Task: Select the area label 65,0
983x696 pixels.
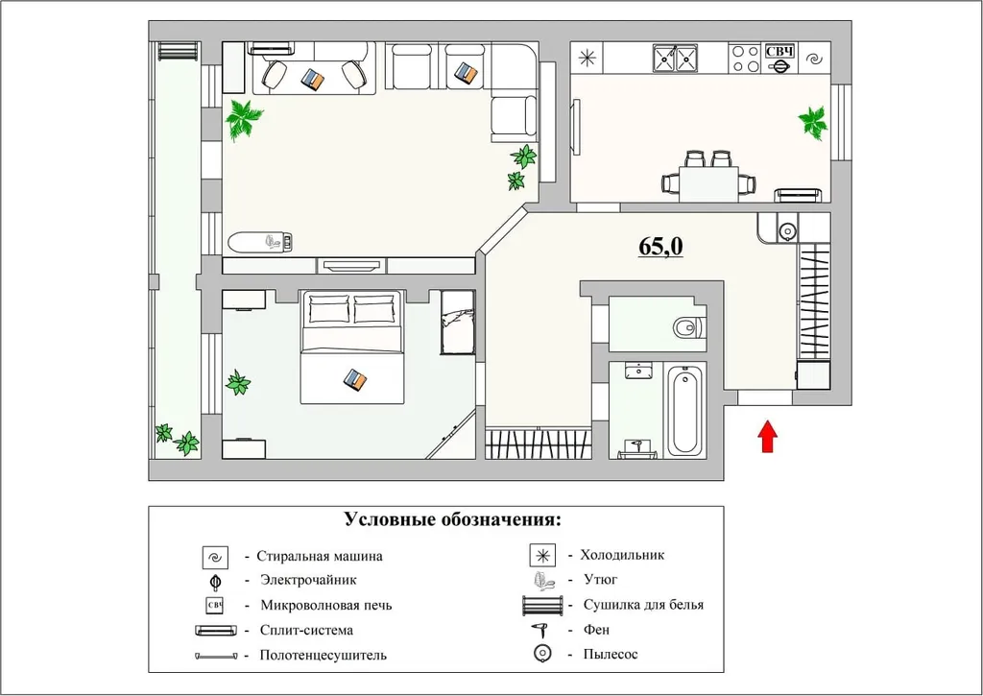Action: pos(660,247)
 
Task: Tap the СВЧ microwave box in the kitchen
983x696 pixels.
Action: pos(779,52)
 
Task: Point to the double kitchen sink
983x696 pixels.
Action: pos(675,59)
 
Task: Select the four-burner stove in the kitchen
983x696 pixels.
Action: pos(744,59)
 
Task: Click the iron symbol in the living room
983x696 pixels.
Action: pos(276,242)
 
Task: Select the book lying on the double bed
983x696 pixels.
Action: pos(355,380)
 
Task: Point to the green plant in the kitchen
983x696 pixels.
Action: pos(813,123)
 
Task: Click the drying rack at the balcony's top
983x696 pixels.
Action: pos(179,51)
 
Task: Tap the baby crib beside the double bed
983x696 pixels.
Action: pos(457,322)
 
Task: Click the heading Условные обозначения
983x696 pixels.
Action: pos(452,519)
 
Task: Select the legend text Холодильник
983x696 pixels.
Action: pos(622,555)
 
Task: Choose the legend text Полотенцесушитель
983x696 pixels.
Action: pos(323,655)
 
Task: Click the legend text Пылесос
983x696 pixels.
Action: pos(610,655)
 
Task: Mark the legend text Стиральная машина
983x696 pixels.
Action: pos(320,556)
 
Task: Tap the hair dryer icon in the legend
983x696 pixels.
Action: pos(540,630)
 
